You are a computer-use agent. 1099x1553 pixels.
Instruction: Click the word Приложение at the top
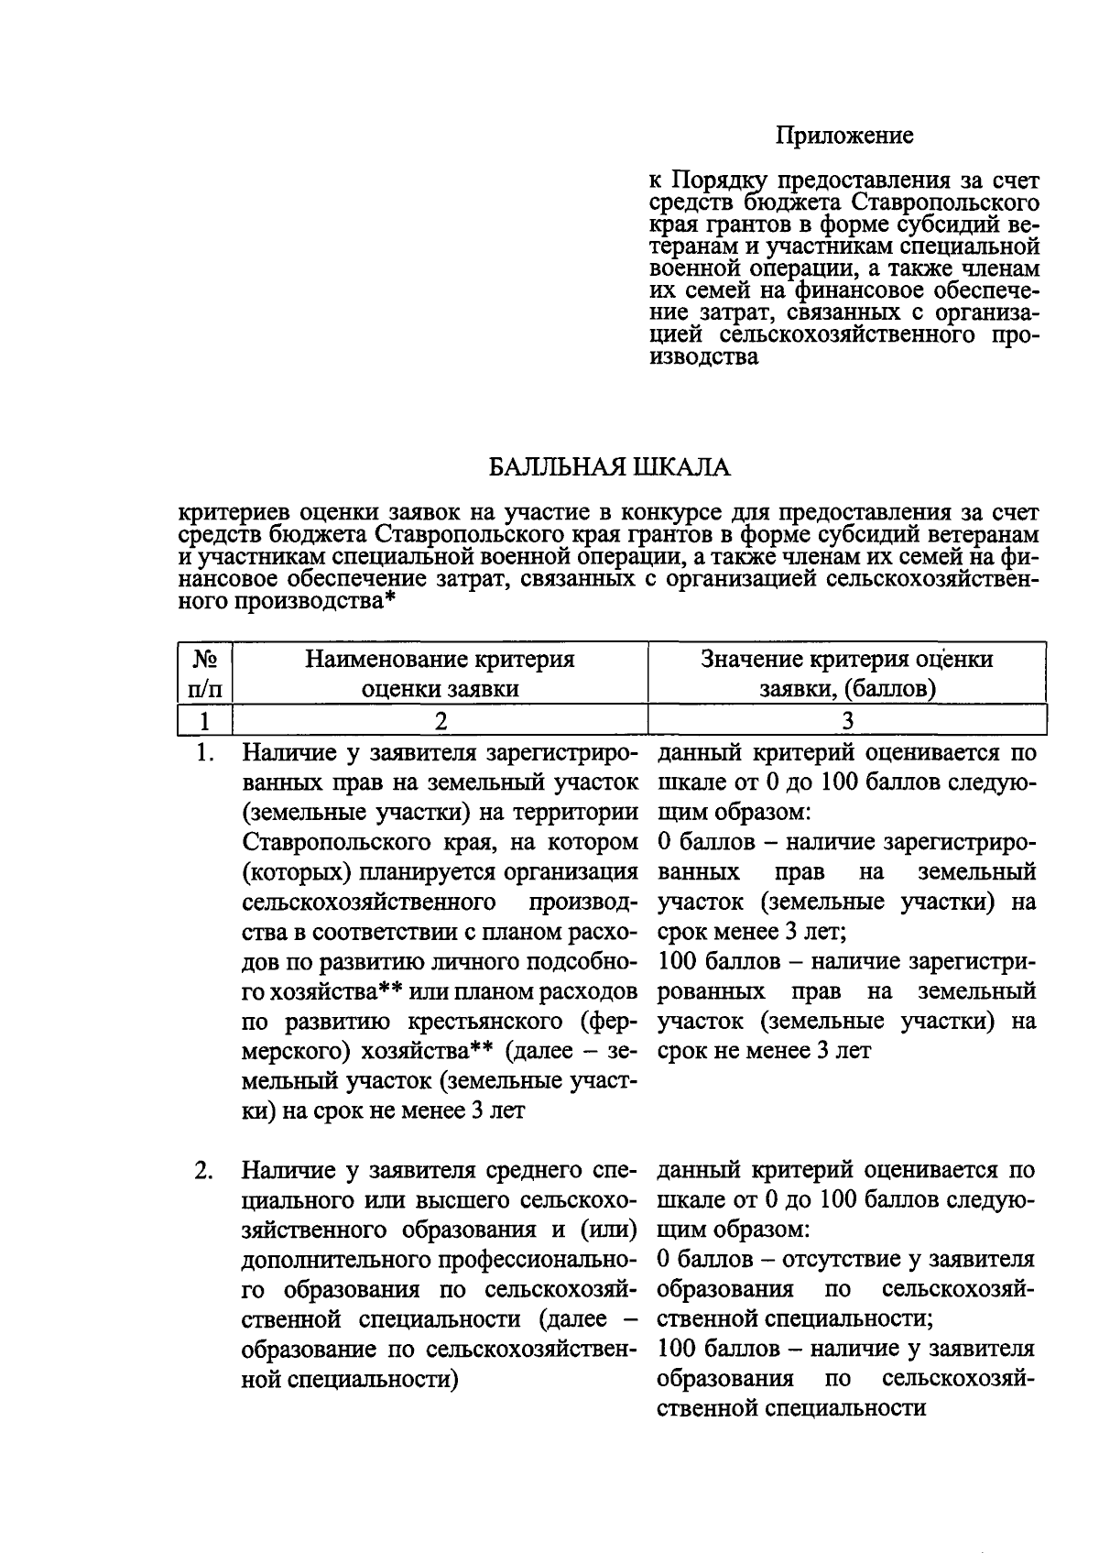[844, 137]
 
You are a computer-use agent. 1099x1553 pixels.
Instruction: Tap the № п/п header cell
[204, 673]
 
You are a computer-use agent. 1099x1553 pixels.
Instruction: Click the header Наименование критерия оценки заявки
[440, 673]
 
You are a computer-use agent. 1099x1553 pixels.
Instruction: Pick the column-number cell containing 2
[441, 720]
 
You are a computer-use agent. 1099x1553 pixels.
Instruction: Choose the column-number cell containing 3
[847, 720]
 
